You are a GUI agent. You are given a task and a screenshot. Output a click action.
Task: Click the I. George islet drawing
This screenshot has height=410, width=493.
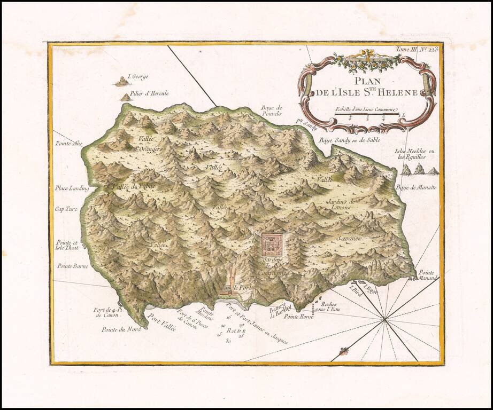[122, 82]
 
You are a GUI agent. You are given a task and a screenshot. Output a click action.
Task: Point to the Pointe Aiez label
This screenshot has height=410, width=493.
[68, 143]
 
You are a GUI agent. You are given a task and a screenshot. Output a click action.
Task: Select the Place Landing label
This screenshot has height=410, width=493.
[72, 188]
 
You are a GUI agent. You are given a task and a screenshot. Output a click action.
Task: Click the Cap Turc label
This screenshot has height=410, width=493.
[66, 209]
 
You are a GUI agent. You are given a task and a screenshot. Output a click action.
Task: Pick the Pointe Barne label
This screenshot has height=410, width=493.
[73, 265]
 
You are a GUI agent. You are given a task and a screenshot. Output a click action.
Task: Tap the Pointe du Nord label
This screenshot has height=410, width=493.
[121, 329]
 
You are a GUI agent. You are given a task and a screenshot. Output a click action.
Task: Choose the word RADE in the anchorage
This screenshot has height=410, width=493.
[234, 330]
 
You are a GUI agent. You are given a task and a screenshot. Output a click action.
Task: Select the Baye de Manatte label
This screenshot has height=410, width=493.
[416, 187]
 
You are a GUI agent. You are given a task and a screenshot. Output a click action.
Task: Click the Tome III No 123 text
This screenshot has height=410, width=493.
[417, 49]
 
